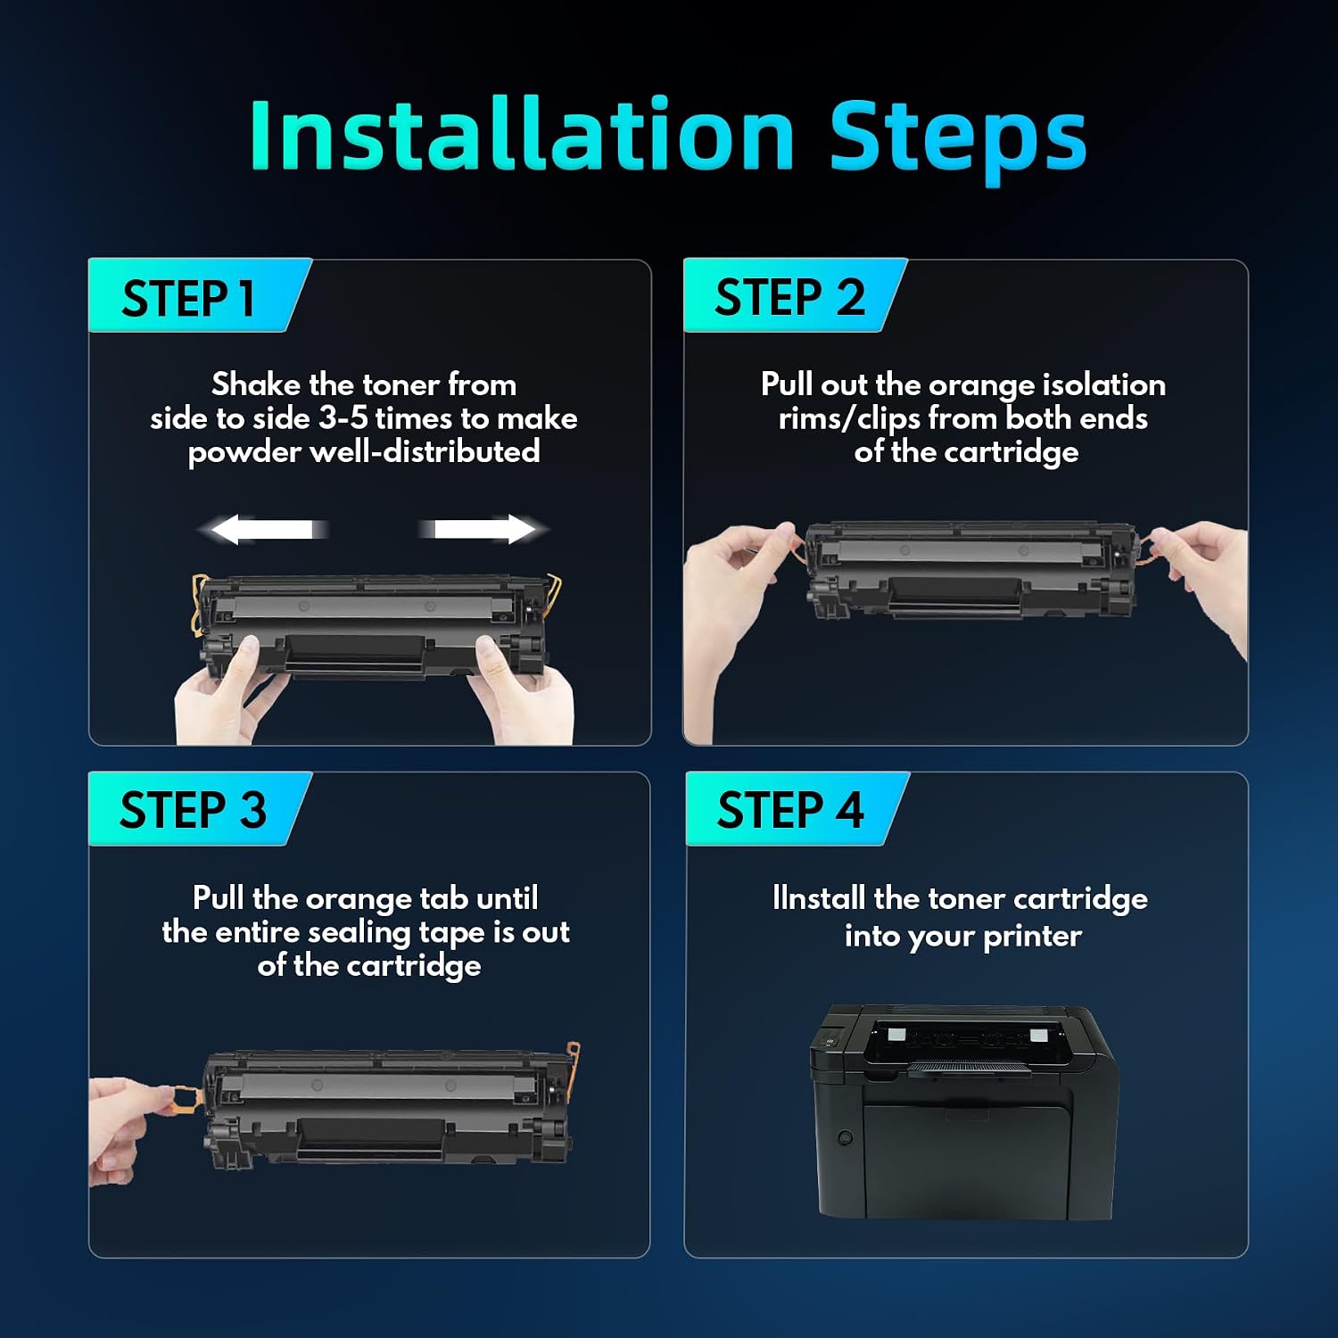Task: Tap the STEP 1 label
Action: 188,299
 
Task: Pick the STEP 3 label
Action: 193,810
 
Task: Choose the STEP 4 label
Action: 790,810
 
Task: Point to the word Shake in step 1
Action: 256,384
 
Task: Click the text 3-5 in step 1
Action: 343,418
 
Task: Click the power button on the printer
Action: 845,1137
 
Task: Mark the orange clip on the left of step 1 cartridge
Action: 201,606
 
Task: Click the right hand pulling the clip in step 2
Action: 1204,580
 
